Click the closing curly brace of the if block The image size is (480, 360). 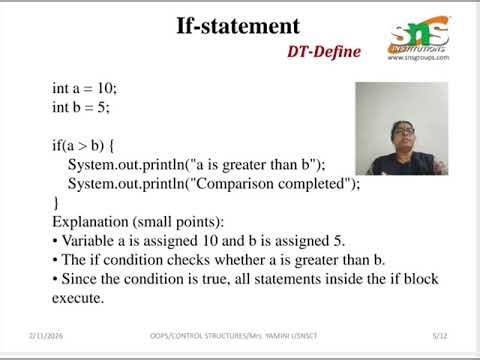click(x=55, y=203)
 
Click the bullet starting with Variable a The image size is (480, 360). click(x=196, y=241)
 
